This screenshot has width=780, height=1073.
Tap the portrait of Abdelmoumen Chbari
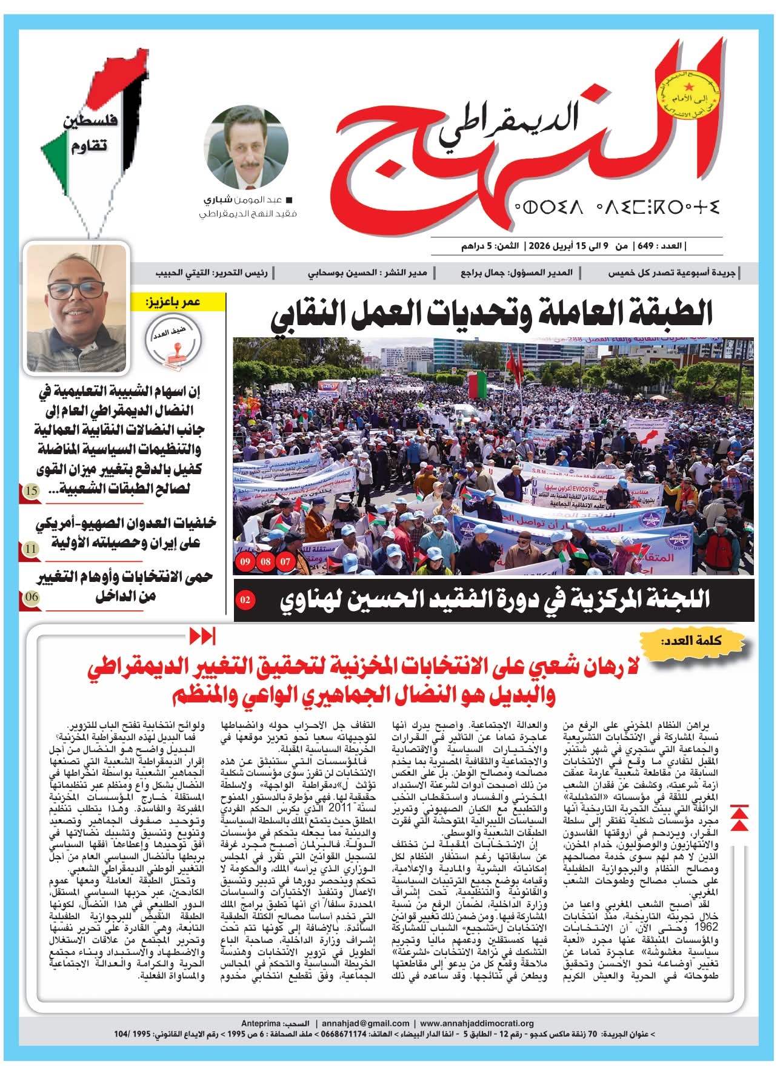[245, 147]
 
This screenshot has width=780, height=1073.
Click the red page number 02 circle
[245, 600]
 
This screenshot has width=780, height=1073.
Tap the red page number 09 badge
[245, 561]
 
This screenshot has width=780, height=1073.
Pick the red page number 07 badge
[285, 561]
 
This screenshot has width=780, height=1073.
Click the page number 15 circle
[32, 490]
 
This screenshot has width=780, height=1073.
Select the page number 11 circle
[32, 549]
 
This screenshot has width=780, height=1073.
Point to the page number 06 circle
[32, 596]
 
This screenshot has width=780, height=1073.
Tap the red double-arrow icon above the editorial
[202, 637]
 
